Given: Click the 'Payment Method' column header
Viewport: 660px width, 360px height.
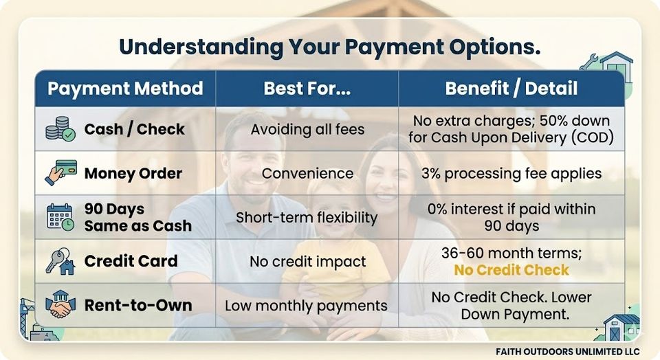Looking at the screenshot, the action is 125,89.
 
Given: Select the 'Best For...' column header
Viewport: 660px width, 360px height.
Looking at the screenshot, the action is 307,89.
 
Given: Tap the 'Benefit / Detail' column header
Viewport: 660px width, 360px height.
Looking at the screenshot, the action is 511,89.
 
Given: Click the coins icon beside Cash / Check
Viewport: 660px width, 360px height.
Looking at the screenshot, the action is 60,129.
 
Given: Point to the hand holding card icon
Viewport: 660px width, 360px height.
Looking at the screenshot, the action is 60,172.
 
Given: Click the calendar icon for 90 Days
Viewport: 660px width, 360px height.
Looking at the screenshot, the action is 60,217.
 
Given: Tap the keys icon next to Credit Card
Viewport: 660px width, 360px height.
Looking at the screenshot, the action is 60,261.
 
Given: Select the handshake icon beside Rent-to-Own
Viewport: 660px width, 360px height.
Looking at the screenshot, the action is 60,304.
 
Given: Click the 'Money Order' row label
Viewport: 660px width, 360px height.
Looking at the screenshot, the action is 133,173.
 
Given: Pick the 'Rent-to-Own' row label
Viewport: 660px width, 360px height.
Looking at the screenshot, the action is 138,305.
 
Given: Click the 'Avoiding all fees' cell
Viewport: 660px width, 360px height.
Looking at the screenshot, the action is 308,129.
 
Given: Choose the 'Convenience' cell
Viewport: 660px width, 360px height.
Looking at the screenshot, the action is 308,173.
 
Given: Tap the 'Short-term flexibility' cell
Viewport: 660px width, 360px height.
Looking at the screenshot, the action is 307,217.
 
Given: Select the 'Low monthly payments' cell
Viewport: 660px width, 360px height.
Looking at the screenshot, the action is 306,306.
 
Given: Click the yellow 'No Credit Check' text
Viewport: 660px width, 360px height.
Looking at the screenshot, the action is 511,270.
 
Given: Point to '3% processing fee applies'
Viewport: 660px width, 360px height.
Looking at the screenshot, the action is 511,173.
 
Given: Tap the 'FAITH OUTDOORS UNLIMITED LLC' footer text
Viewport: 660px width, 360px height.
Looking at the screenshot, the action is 568,351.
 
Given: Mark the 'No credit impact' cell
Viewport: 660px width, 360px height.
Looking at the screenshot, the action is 308,262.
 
